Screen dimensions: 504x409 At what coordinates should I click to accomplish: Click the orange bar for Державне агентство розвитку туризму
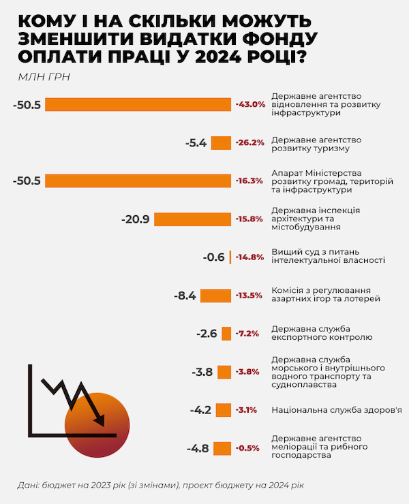coord(221,143)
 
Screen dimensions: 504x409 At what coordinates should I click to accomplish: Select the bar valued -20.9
coord(193,219)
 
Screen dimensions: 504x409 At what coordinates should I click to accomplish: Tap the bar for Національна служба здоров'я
coord(223,410)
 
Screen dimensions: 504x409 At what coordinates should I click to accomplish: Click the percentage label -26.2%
coord(249,143)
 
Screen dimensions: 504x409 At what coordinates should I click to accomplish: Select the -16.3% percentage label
coord(249,181)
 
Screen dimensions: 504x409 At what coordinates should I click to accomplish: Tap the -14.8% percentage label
coord(249,257)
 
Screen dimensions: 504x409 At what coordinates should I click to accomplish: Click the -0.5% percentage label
coord(248,448)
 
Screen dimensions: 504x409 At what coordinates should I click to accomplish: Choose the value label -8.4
coord(185,296)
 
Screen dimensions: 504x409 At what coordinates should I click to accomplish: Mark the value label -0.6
coord(214,257)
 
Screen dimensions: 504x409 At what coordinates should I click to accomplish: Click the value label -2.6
coord(207,334)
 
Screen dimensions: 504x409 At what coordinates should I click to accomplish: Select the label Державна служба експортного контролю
coord(321,333)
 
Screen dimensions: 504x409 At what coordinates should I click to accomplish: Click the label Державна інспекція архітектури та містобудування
coord(315,219)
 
